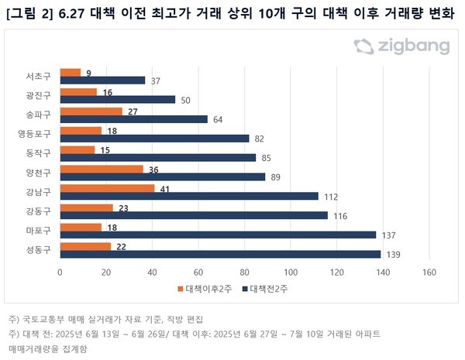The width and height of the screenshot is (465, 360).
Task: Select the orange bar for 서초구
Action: click(x=70, y=73)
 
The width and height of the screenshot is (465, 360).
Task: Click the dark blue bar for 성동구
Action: click(x=220, y=254)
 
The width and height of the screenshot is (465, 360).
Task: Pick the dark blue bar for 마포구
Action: click(x=218, y=235)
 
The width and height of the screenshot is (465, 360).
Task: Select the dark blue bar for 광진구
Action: click(x=117, y=99)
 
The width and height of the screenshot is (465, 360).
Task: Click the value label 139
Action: click(x=393, y=255)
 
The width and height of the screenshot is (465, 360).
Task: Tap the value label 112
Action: click(x=330, y=197)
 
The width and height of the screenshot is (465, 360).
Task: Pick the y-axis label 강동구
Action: click(x=38, y=210)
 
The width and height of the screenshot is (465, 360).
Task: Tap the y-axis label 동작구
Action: click(x=38, y=153)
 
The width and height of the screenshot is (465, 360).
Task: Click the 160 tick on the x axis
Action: click(x=429, y=272)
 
